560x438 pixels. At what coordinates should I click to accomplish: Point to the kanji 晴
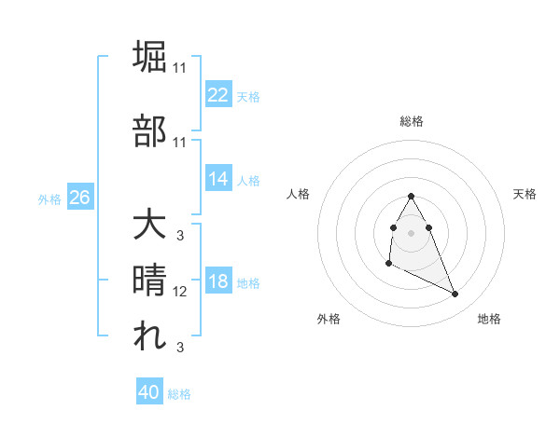click(151, 280)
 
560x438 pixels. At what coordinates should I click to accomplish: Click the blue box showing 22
click(218, 95)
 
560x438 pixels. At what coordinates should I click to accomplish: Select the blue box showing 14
click(218, 179)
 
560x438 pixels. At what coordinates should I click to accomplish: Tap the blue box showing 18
click(218, 282)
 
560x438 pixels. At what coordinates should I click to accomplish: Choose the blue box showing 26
click(79, 198)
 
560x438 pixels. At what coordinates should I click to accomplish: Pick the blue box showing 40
click(149, 393)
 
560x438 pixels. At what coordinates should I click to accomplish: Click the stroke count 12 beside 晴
click(180, 292)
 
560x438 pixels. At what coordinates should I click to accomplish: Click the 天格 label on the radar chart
click(525, 194)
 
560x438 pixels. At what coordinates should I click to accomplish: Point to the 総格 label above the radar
click(412, 121)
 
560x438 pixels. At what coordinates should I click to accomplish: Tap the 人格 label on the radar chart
click(298, 194)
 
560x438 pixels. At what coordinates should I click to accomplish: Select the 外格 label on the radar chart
click(329, 319)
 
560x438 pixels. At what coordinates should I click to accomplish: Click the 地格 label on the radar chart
click(489, 319)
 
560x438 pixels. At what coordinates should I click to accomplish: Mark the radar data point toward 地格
click(455, 294)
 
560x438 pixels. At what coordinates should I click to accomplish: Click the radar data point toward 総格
click(412, 196)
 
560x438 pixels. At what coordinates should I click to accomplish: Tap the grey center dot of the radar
click(412, 232)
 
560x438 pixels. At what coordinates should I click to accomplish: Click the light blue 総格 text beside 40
click(179, 394)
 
